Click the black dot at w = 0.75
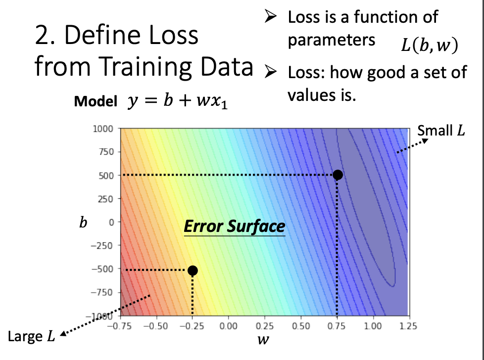pos(338,175)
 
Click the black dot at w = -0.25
pos(193,270)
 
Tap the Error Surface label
pos(235,226)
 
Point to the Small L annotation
pos(441,131)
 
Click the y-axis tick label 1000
pos(103,129)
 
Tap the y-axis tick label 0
pos(111,223)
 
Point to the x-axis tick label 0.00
pos(228,326)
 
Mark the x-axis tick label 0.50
pos(300,326)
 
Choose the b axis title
pos(84,223)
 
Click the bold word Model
pos(95,102)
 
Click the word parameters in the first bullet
pos(332,40)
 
